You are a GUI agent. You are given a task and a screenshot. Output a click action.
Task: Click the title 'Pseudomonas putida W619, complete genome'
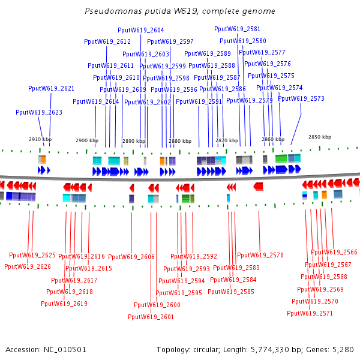[180, 11]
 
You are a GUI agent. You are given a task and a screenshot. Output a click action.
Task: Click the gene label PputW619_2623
[39, 112]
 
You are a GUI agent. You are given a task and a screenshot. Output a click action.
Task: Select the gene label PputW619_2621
[52, 88]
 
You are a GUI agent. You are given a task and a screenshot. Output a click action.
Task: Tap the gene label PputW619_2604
[140, 30]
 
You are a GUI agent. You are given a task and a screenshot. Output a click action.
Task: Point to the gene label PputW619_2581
[237, 29]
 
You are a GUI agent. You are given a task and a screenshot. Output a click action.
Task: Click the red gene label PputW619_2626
[28, 266]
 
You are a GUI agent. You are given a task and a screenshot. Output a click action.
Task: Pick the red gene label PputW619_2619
[64, 304]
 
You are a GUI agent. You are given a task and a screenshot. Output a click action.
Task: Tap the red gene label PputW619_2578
[260, 255]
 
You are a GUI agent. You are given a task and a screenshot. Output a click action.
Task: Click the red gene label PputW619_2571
[310, 313]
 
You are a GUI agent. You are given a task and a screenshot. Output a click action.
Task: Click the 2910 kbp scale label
[40, 139]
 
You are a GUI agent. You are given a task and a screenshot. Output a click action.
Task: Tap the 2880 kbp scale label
[180, 141]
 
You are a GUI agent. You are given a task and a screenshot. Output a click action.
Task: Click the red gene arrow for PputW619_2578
[258, 187]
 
